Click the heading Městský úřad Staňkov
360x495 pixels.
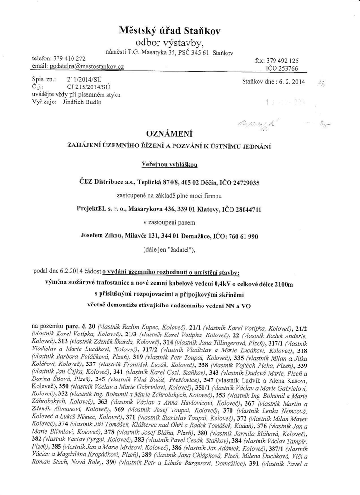point(170,31)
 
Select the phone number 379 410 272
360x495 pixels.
point(68,58)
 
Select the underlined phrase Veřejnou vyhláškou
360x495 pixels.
point(170,165)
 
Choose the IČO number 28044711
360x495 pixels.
point(245,209)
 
